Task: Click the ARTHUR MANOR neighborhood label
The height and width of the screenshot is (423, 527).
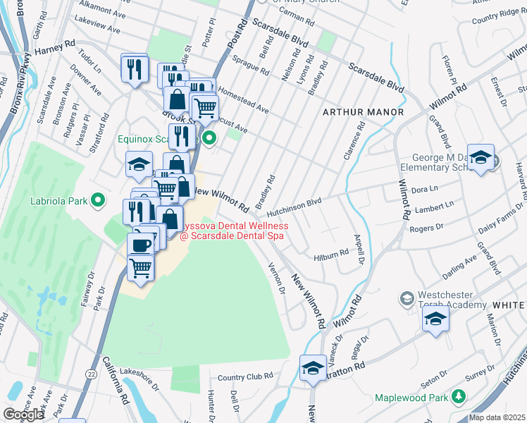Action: [363, 112]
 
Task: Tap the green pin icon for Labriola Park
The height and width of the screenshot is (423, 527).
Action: [99, 200]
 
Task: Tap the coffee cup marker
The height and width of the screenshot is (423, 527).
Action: [140, 245]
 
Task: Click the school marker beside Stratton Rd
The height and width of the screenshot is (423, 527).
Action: [313, 368]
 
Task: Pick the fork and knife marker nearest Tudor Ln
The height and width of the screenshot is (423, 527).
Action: [134, 68]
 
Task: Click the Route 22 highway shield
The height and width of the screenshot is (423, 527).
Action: [92, 374]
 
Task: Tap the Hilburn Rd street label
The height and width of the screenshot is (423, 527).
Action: [332, 252]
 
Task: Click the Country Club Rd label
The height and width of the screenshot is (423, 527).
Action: [244, 377]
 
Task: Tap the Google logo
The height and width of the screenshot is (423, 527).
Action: [23, 415]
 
